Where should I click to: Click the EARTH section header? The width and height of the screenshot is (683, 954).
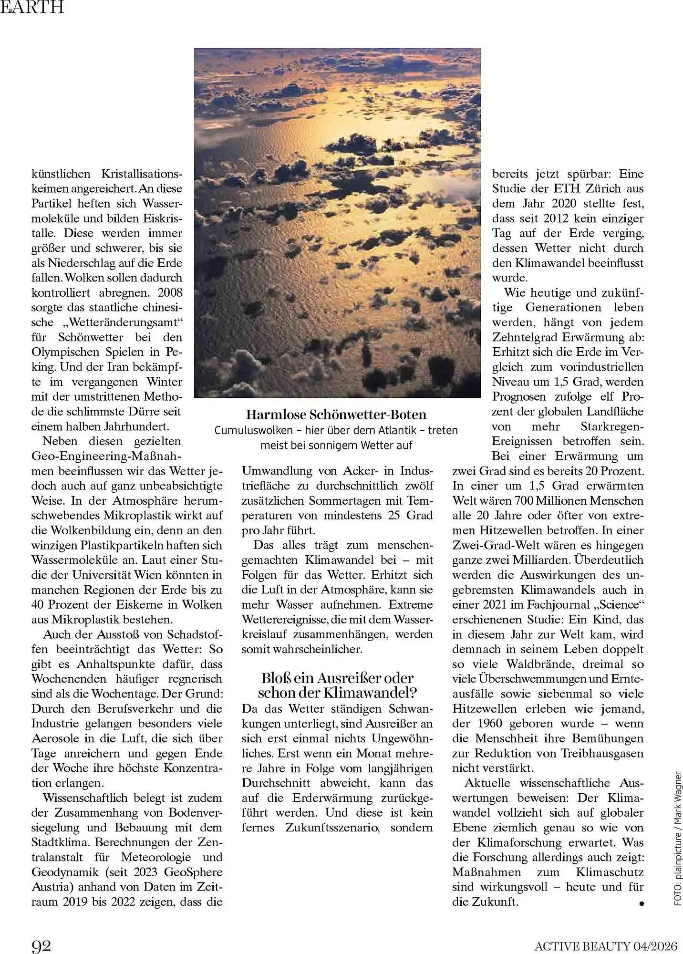click(x=32, y=7)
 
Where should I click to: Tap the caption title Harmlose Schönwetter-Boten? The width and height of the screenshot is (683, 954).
click(x=336, y=415)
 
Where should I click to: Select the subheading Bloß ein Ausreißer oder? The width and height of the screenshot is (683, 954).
click(x=337, y=678)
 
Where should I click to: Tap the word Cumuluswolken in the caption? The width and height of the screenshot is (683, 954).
click(x=253, y=430)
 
